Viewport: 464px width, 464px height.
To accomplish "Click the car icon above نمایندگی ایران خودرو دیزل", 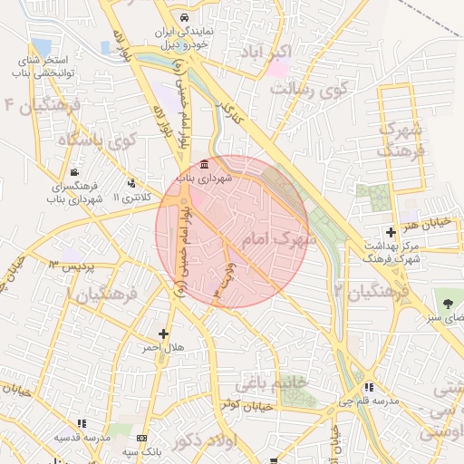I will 185,17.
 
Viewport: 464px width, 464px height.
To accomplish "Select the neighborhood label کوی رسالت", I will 309,89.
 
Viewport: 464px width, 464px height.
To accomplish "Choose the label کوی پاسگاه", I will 96,141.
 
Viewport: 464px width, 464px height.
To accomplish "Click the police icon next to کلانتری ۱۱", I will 133,183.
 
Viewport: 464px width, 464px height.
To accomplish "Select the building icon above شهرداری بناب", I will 204,166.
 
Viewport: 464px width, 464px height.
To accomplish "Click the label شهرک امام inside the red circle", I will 279,239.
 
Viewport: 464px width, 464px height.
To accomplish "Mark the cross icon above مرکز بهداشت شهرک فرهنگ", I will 391,233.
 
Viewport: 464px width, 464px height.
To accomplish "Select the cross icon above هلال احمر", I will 163,334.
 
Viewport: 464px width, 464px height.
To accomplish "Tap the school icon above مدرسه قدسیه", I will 82,423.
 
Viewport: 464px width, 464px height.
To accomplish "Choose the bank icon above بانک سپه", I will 141,439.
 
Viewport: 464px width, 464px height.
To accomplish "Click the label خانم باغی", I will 295,383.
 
